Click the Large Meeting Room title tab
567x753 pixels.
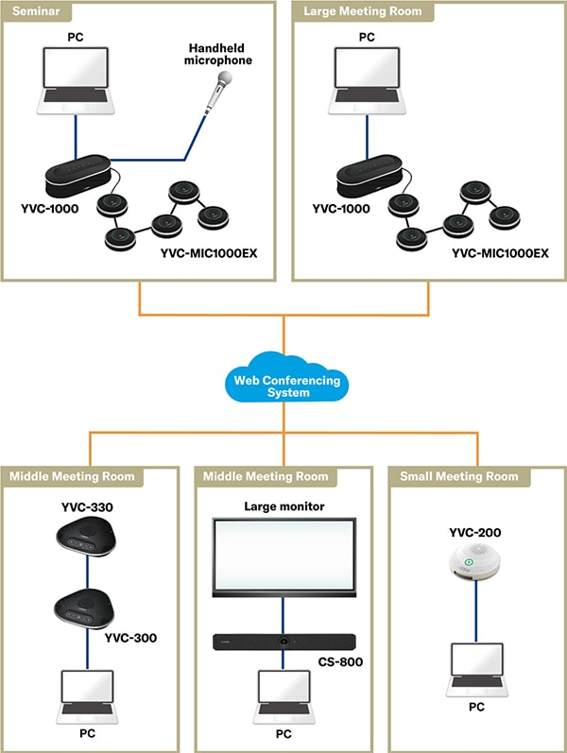(x=363, y=12)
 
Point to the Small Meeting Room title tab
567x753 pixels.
(x=459, y=475)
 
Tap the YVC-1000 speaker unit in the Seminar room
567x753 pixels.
(x=78, y=172)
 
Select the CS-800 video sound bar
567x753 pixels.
(x=283, y=643)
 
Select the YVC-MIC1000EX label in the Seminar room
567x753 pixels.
(x=209, y=254)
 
